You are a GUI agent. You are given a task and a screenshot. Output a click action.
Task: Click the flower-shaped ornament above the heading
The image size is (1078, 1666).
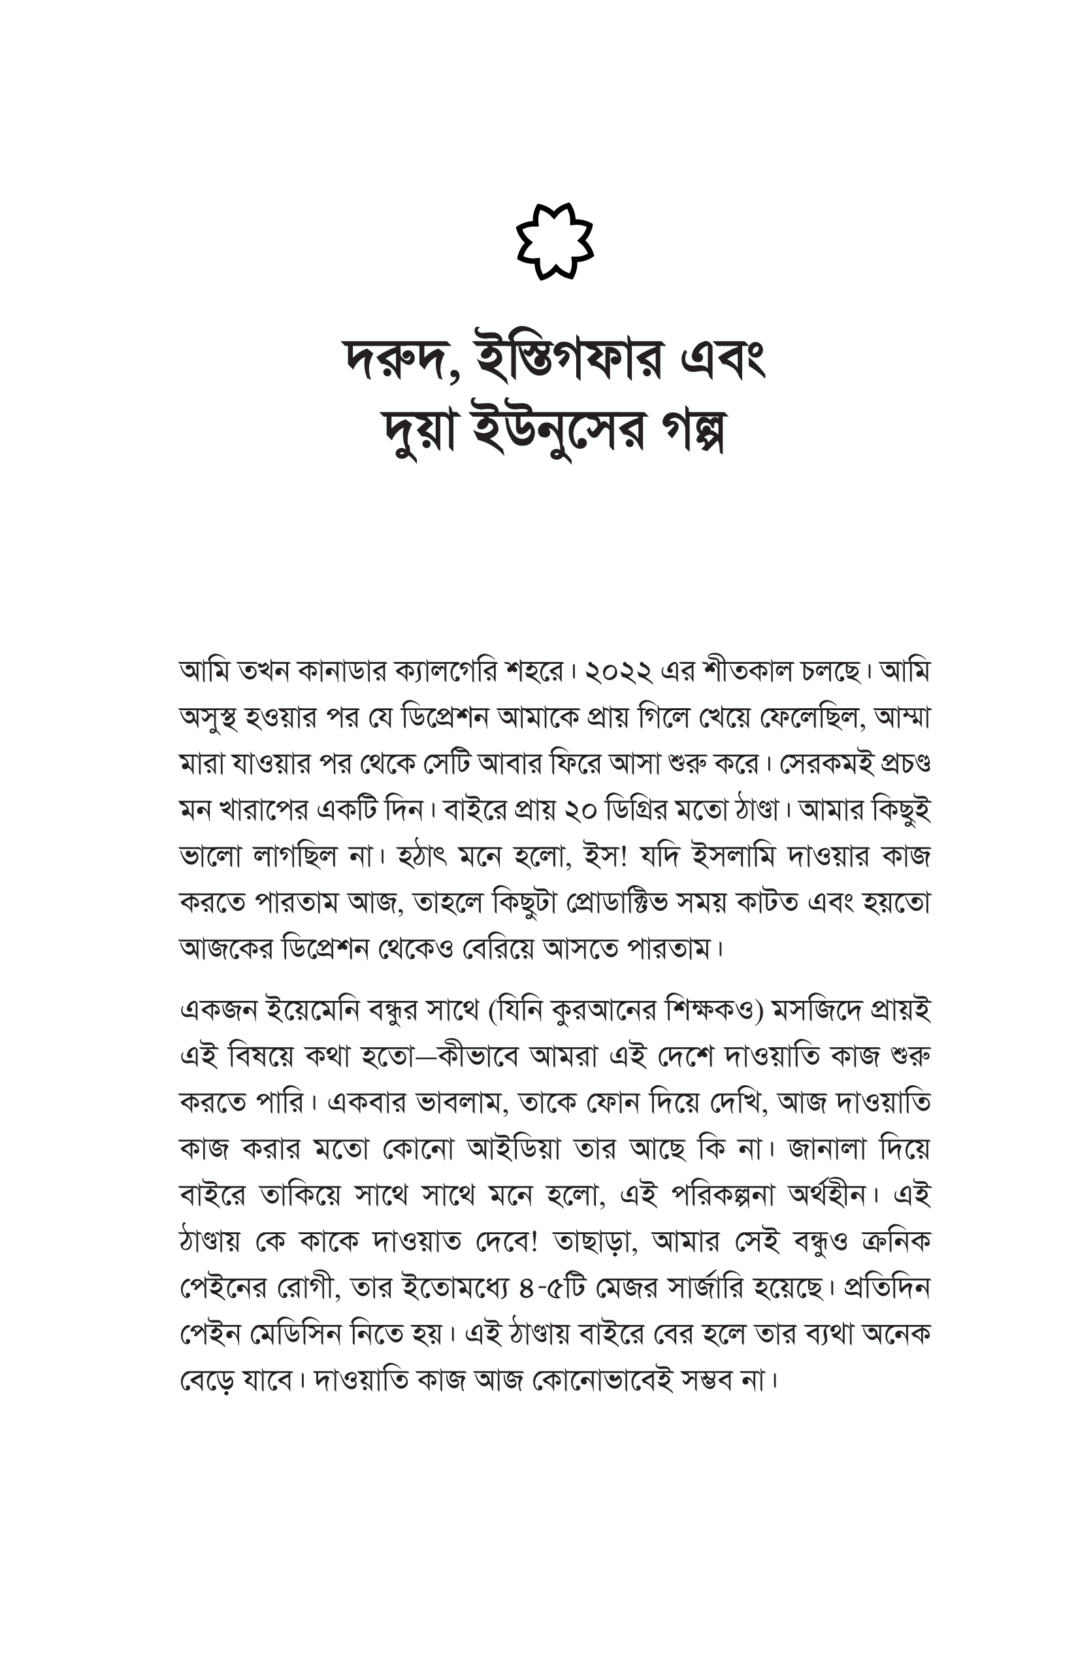(x=555, y=242)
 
